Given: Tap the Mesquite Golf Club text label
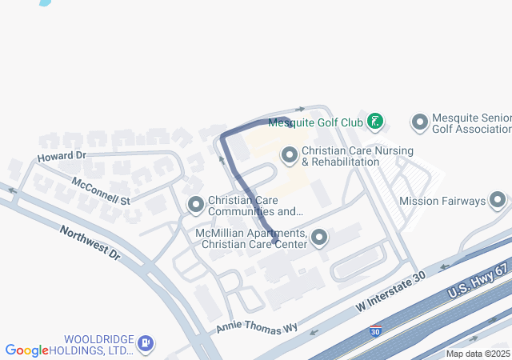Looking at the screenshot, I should [x=315, y=123].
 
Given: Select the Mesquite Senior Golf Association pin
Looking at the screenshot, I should [x=419, y=122].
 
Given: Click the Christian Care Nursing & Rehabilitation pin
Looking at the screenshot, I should [x=290, y=154].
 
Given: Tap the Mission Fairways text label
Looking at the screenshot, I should [x=442, y=202].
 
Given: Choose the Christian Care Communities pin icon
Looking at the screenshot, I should [x=196, y=206].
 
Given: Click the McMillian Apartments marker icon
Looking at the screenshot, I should [x=319, y=238].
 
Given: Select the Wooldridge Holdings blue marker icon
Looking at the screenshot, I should [x=145, y=344].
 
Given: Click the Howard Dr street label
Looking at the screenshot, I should [x=62, y=154].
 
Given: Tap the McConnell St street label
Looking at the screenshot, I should [x=101, y=190].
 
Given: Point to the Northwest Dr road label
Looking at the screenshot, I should [x=90, y=243].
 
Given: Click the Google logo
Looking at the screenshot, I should [x=26, y=350].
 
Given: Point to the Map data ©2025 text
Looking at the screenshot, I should [x=478, y=354].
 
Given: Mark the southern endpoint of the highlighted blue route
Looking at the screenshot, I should [x=275, y=242].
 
